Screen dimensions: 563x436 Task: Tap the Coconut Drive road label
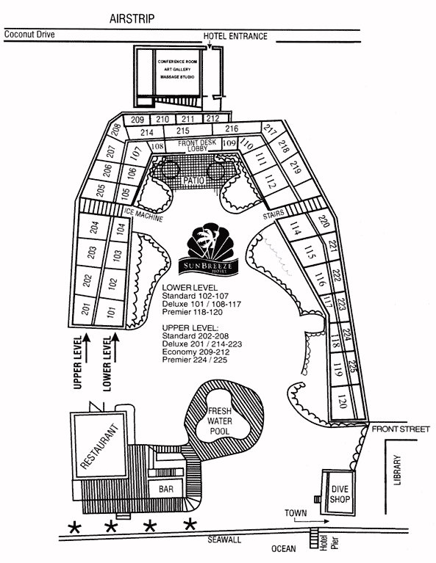(x=29, y=34)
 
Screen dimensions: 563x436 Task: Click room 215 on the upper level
(x=183, y=131)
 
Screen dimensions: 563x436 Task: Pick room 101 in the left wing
(x=112, y=311)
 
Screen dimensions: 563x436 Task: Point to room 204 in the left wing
(x=93, y=228)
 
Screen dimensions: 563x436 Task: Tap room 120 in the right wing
(x=342, y=401)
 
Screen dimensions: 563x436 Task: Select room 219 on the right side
(x=296, y=170)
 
